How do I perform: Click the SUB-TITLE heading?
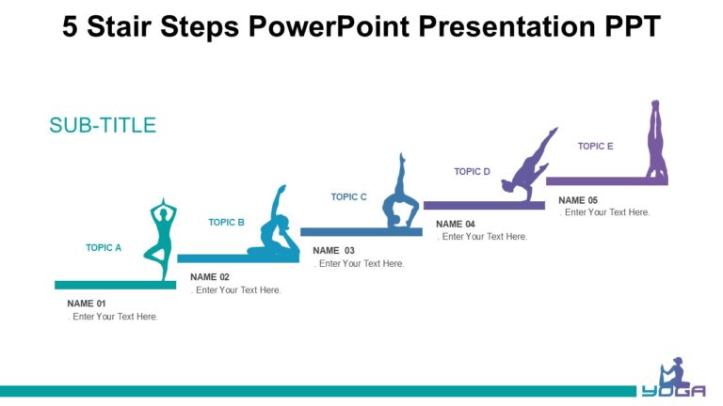click(x=103, y=125)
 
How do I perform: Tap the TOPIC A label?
click(x=104, y=248)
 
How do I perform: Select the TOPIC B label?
click(x=226, y=223)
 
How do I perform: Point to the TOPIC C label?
click(x=348, y=197)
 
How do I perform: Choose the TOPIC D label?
click(x=472, y=172)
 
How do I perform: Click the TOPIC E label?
click(x=595, y=147)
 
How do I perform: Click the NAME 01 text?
click(x=87, y=304)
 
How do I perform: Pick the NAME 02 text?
click(x=210, y=277)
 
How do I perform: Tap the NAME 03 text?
click(x=333, y=251)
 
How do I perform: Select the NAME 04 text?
click(x=456, y=224)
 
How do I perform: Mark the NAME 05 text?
click(x=578, y=200)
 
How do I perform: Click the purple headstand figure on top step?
click(x=655, y=141)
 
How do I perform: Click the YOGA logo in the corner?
click(x=674, y=381)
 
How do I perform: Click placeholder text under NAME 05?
click(x=604, y=212)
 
